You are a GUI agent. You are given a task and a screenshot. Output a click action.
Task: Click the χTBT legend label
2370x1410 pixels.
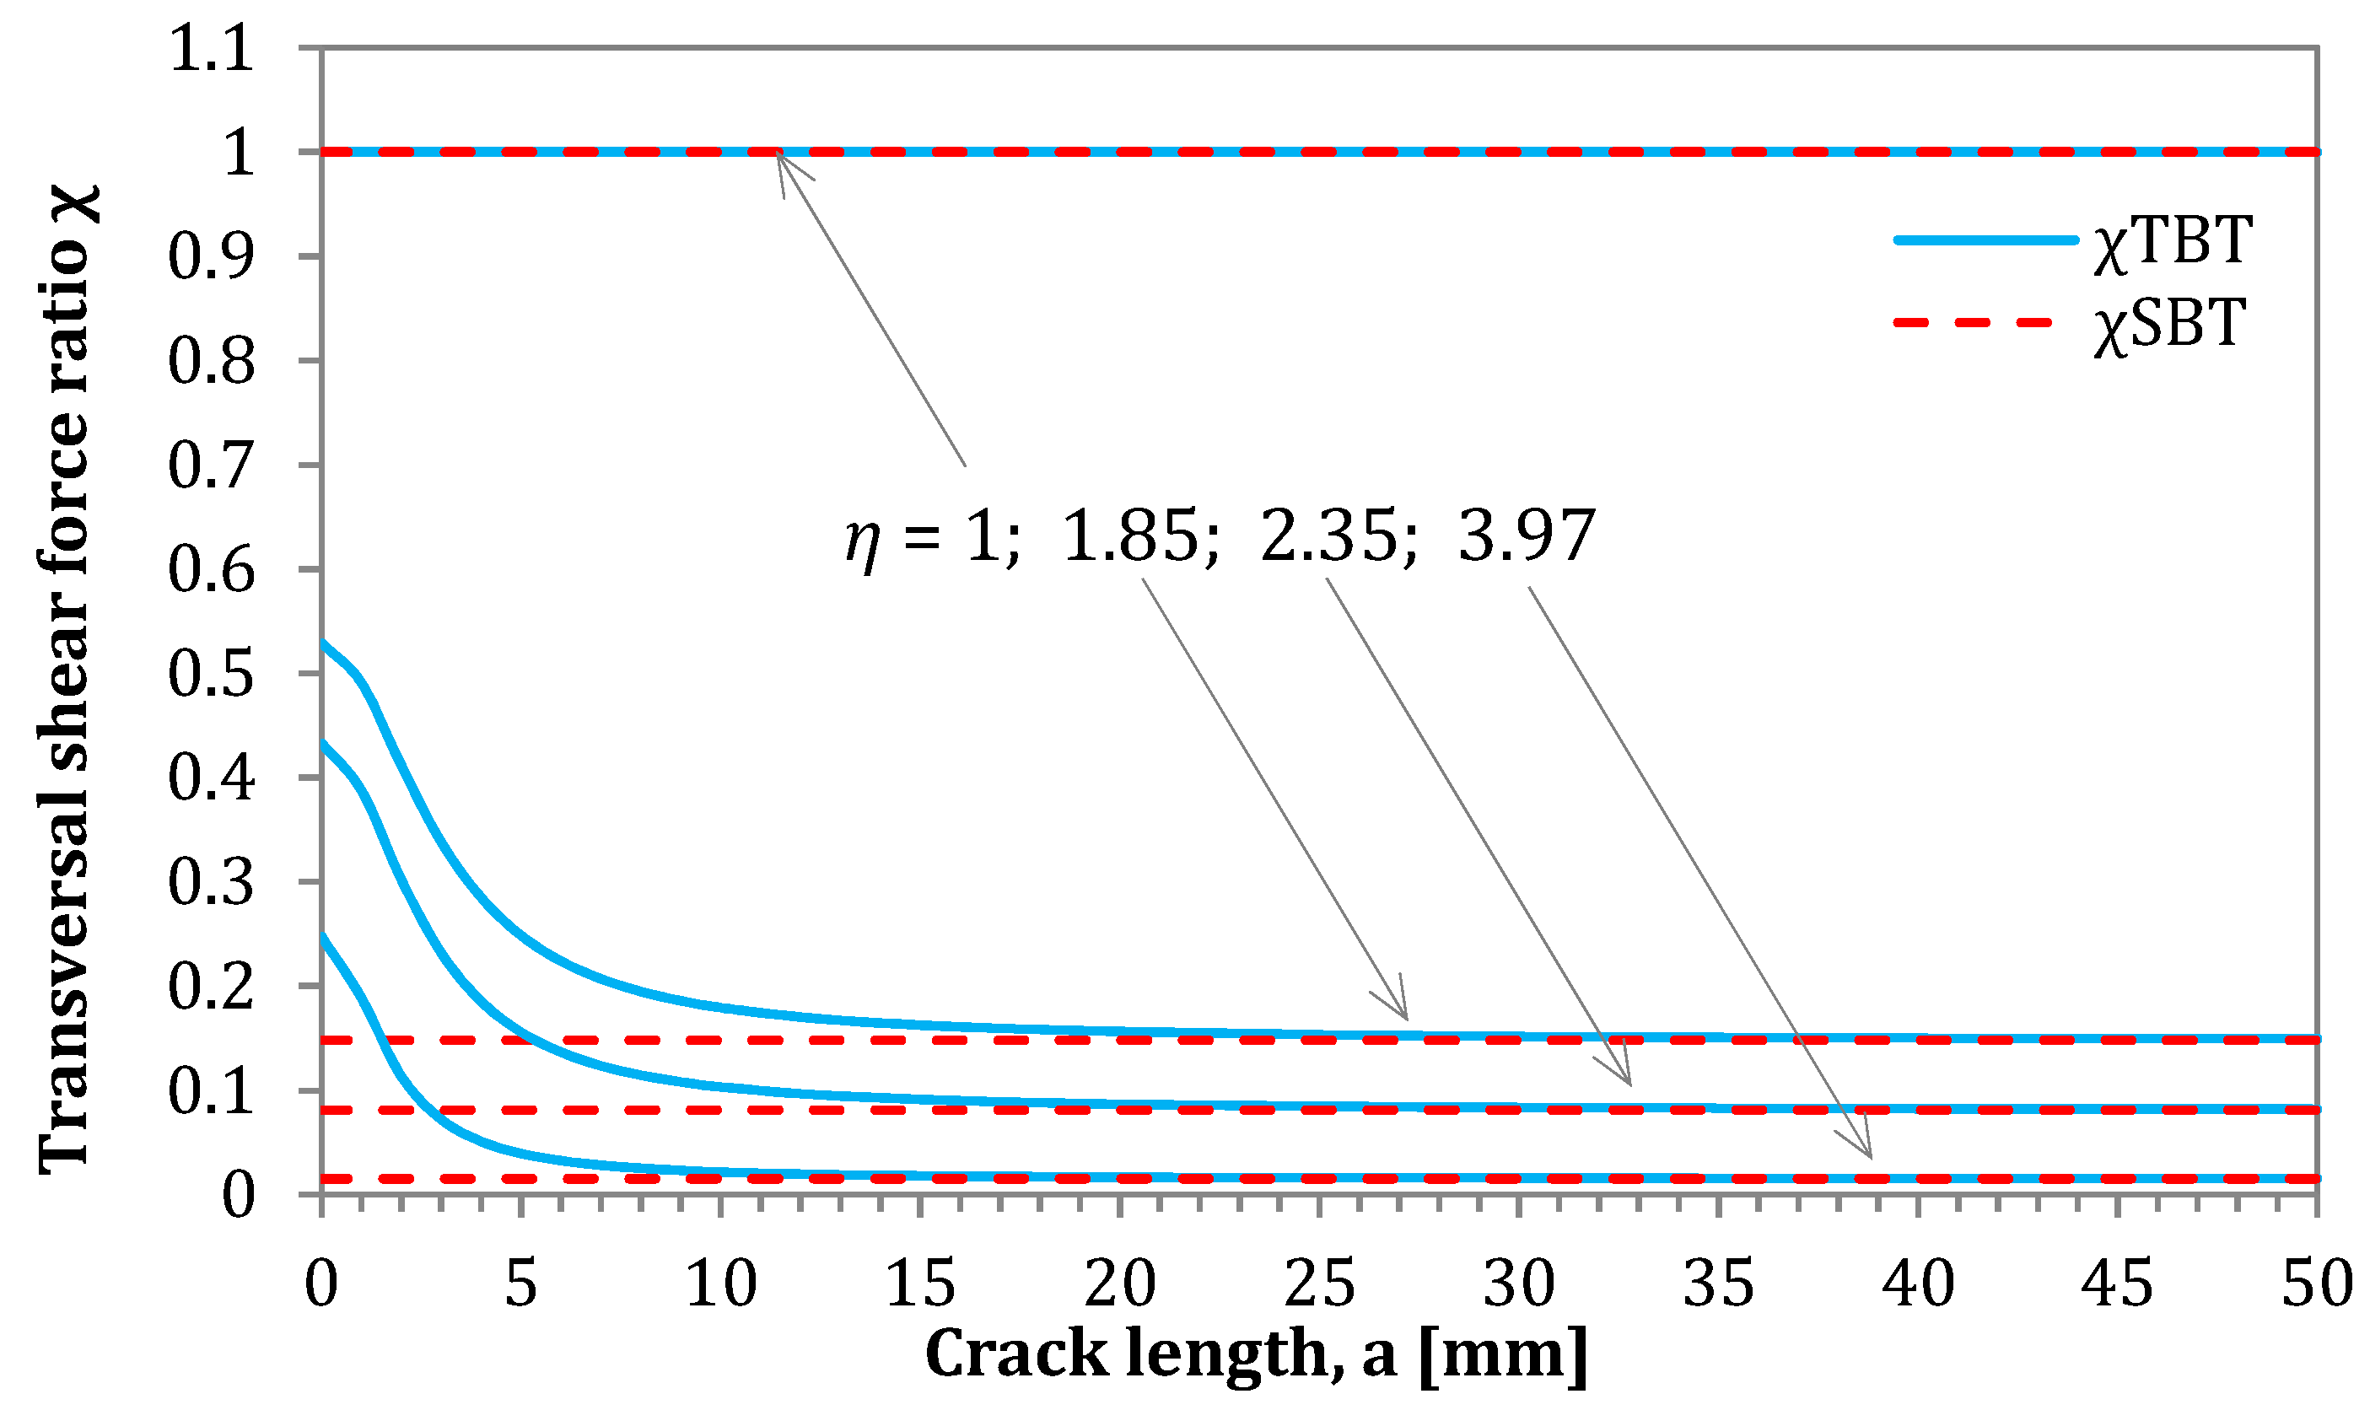[x=2172, y=241]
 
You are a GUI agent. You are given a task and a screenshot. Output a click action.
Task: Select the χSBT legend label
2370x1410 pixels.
[x=2169, y=324]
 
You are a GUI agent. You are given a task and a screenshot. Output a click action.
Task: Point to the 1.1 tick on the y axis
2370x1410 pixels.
[x=212, y=48]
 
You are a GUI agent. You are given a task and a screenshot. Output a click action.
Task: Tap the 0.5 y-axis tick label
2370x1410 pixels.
[x=212, y=674]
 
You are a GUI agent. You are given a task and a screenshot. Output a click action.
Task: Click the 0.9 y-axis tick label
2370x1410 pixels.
[x=212, y=256]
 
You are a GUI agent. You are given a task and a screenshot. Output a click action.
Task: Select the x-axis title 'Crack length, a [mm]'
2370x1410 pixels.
[x=1257, y=1354]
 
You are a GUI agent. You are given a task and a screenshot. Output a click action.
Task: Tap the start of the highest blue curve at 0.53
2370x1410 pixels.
[x=323, y=642]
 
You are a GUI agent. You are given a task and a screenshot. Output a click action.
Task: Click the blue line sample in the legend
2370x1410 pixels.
[x=1986, y=240]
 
